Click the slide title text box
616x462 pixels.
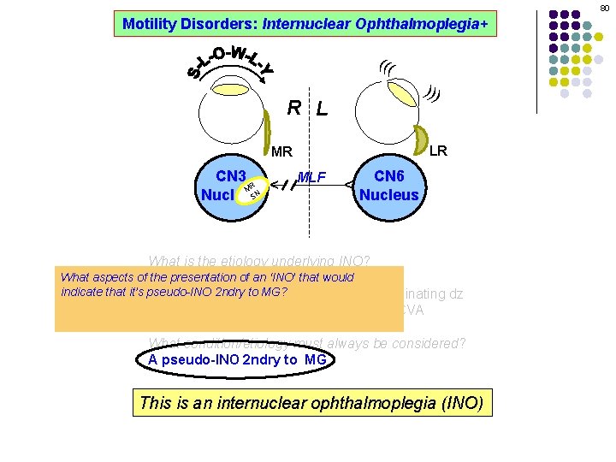point(305,24)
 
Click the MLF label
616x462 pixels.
point(311,177)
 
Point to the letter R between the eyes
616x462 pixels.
point(293,108)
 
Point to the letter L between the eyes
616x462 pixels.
point(321,109)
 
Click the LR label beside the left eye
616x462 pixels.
point(437,151)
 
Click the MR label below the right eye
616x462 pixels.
point(281,152)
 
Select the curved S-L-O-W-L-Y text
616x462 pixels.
point(231,63)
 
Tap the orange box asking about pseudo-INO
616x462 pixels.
point(228,299)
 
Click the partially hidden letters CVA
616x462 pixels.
point(413,311)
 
